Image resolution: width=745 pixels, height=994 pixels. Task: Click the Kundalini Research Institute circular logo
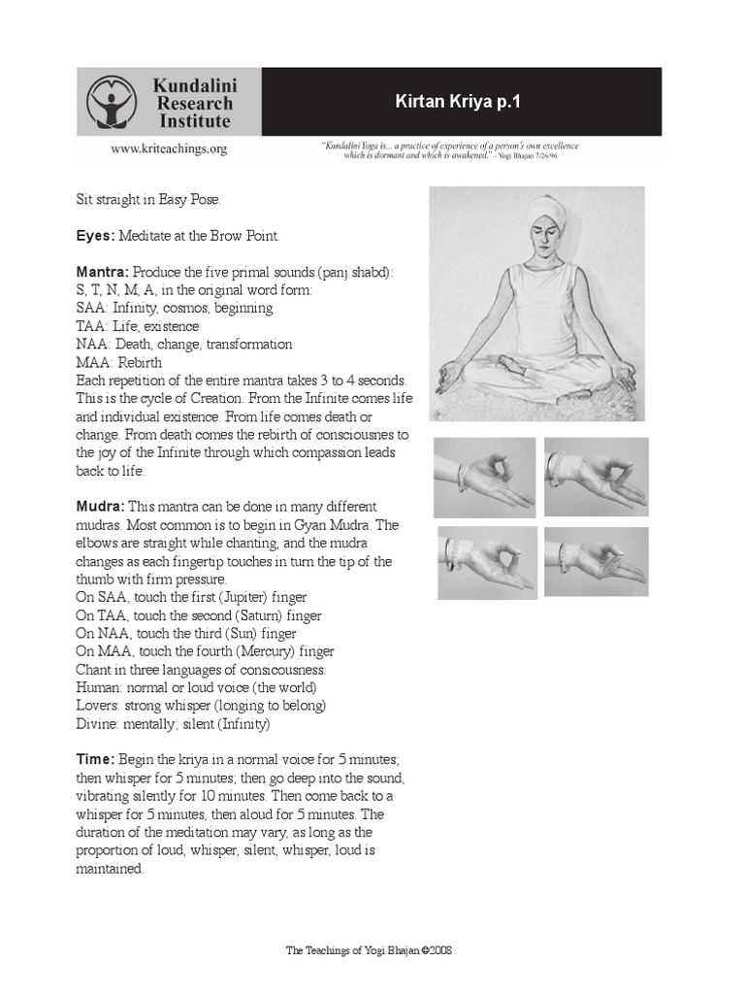tap(112, 102)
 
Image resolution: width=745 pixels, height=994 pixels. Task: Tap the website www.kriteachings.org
tap(169, 149)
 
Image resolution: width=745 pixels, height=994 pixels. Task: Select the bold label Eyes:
tap(96, 236)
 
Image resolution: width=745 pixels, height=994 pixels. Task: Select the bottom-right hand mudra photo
tap(596, 561)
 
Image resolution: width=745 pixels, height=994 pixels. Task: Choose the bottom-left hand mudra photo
tap(485, 561)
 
